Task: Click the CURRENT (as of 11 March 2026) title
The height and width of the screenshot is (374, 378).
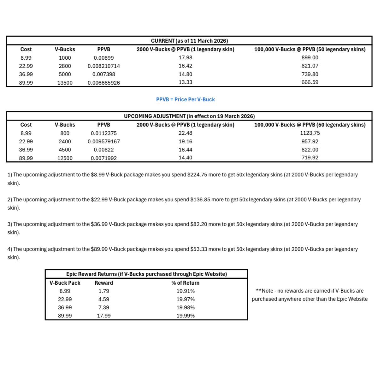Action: coord(189,41)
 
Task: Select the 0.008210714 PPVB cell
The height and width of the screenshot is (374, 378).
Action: coord(103,66)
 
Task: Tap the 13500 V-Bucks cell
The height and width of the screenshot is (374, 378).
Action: coord(65,83)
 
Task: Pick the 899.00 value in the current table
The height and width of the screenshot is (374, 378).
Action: coord(310,57)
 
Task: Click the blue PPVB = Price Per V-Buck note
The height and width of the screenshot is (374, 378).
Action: coord(185,99)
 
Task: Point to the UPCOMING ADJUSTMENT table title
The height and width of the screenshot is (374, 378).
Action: coord(189,116)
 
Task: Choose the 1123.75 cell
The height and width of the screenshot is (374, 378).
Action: coord(310,133)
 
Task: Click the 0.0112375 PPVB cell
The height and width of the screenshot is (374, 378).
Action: coord(103,133)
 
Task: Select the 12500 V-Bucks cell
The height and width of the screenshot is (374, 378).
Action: coord(65,158)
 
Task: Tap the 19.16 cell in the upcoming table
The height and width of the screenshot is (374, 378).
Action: coord(185,141)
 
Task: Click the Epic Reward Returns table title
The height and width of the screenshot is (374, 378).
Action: coord(146,274)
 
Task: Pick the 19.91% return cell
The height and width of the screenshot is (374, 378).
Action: coord(185,291)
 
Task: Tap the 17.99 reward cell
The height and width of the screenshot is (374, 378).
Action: coord(103,316)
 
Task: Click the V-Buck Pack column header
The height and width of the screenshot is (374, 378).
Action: coord(65,283)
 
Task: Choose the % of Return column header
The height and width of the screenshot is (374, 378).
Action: coord(185,283)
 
